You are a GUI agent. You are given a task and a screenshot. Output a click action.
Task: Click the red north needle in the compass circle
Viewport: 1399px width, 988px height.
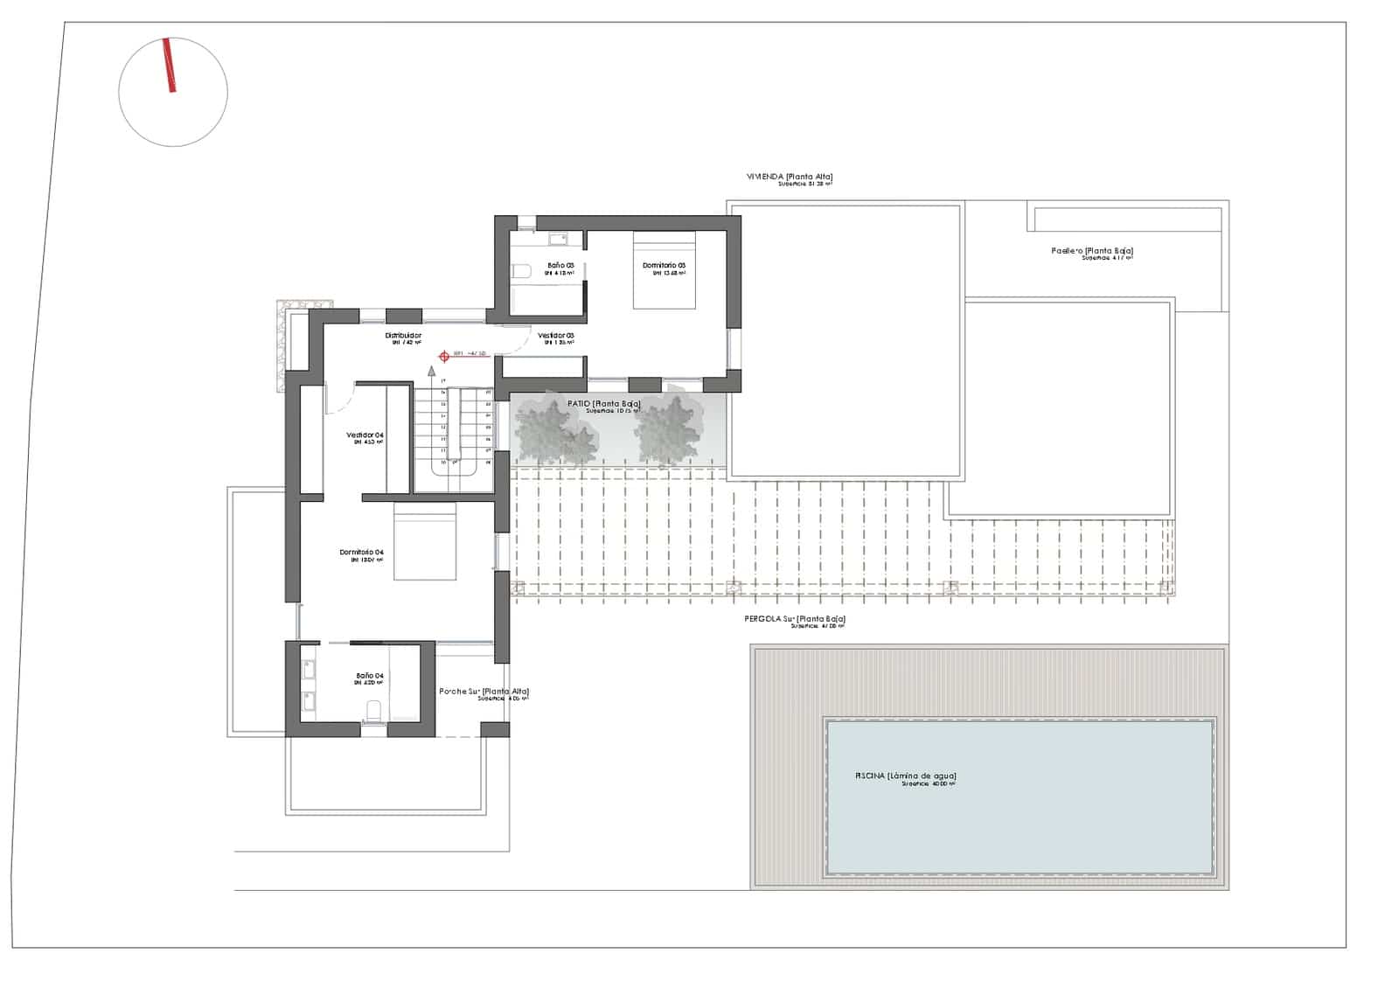click(x=169, y=65)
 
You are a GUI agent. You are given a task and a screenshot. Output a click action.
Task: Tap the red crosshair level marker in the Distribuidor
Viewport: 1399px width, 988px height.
click(x=444, y=356)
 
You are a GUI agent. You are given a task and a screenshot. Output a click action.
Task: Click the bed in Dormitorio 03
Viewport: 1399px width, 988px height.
click(x=664, y=270)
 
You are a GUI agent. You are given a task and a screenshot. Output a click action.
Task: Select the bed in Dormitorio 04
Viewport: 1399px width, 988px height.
click(x=425, y=541)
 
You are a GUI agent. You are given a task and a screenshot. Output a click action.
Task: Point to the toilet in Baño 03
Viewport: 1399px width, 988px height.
click(x=521, y=272)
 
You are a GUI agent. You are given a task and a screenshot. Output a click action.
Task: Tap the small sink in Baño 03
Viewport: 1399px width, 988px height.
click(x=556, y=238)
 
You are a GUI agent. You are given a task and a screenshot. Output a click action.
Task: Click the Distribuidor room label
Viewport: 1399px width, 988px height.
click(x=403, y=336)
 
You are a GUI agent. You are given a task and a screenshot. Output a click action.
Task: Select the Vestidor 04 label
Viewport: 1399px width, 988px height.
click(x=365, y=435)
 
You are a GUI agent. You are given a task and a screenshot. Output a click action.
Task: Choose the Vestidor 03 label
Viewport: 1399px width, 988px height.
click(x=555, y=336)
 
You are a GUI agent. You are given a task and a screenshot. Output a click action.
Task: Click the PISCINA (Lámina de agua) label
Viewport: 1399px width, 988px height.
click(x=905, y=776)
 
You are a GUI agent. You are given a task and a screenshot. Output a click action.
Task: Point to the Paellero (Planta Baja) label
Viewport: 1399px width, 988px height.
click(x=1092, y=251)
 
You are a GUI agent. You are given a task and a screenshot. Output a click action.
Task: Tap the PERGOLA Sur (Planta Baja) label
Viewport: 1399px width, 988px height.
click(x=794, y=619)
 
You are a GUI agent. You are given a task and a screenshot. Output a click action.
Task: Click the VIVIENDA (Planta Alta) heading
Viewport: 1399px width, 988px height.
click(x=783, y=177)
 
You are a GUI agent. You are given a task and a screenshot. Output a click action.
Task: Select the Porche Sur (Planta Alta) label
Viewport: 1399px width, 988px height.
click(x=484, y=692)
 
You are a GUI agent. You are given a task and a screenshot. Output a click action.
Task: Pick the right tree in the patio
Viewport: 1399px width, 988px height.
click(x=669, y=428)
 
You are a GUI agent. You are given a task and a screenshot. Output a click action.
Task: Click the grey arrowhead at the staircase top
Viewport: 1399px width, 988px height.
click(x=431, y=371)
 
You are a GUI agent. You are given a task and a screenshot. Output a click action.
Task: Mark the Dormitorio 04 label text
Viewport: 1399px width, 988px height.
click(x=361, y=553)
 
